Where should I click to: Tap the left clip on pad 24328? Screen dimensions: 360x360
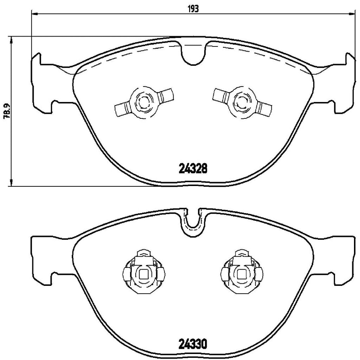pyautogui.click(x=143, y=102)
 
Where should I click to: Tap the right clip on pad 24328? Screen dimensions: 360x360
pyautogui.click(x=242, y=101)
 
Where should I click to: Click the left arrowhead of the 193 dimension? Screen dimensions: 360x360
pyautogui.click(x=34, y=14)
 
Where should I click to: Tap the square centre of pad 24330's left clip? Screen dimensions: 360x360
pyautogui.click(x=143, y=274)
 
